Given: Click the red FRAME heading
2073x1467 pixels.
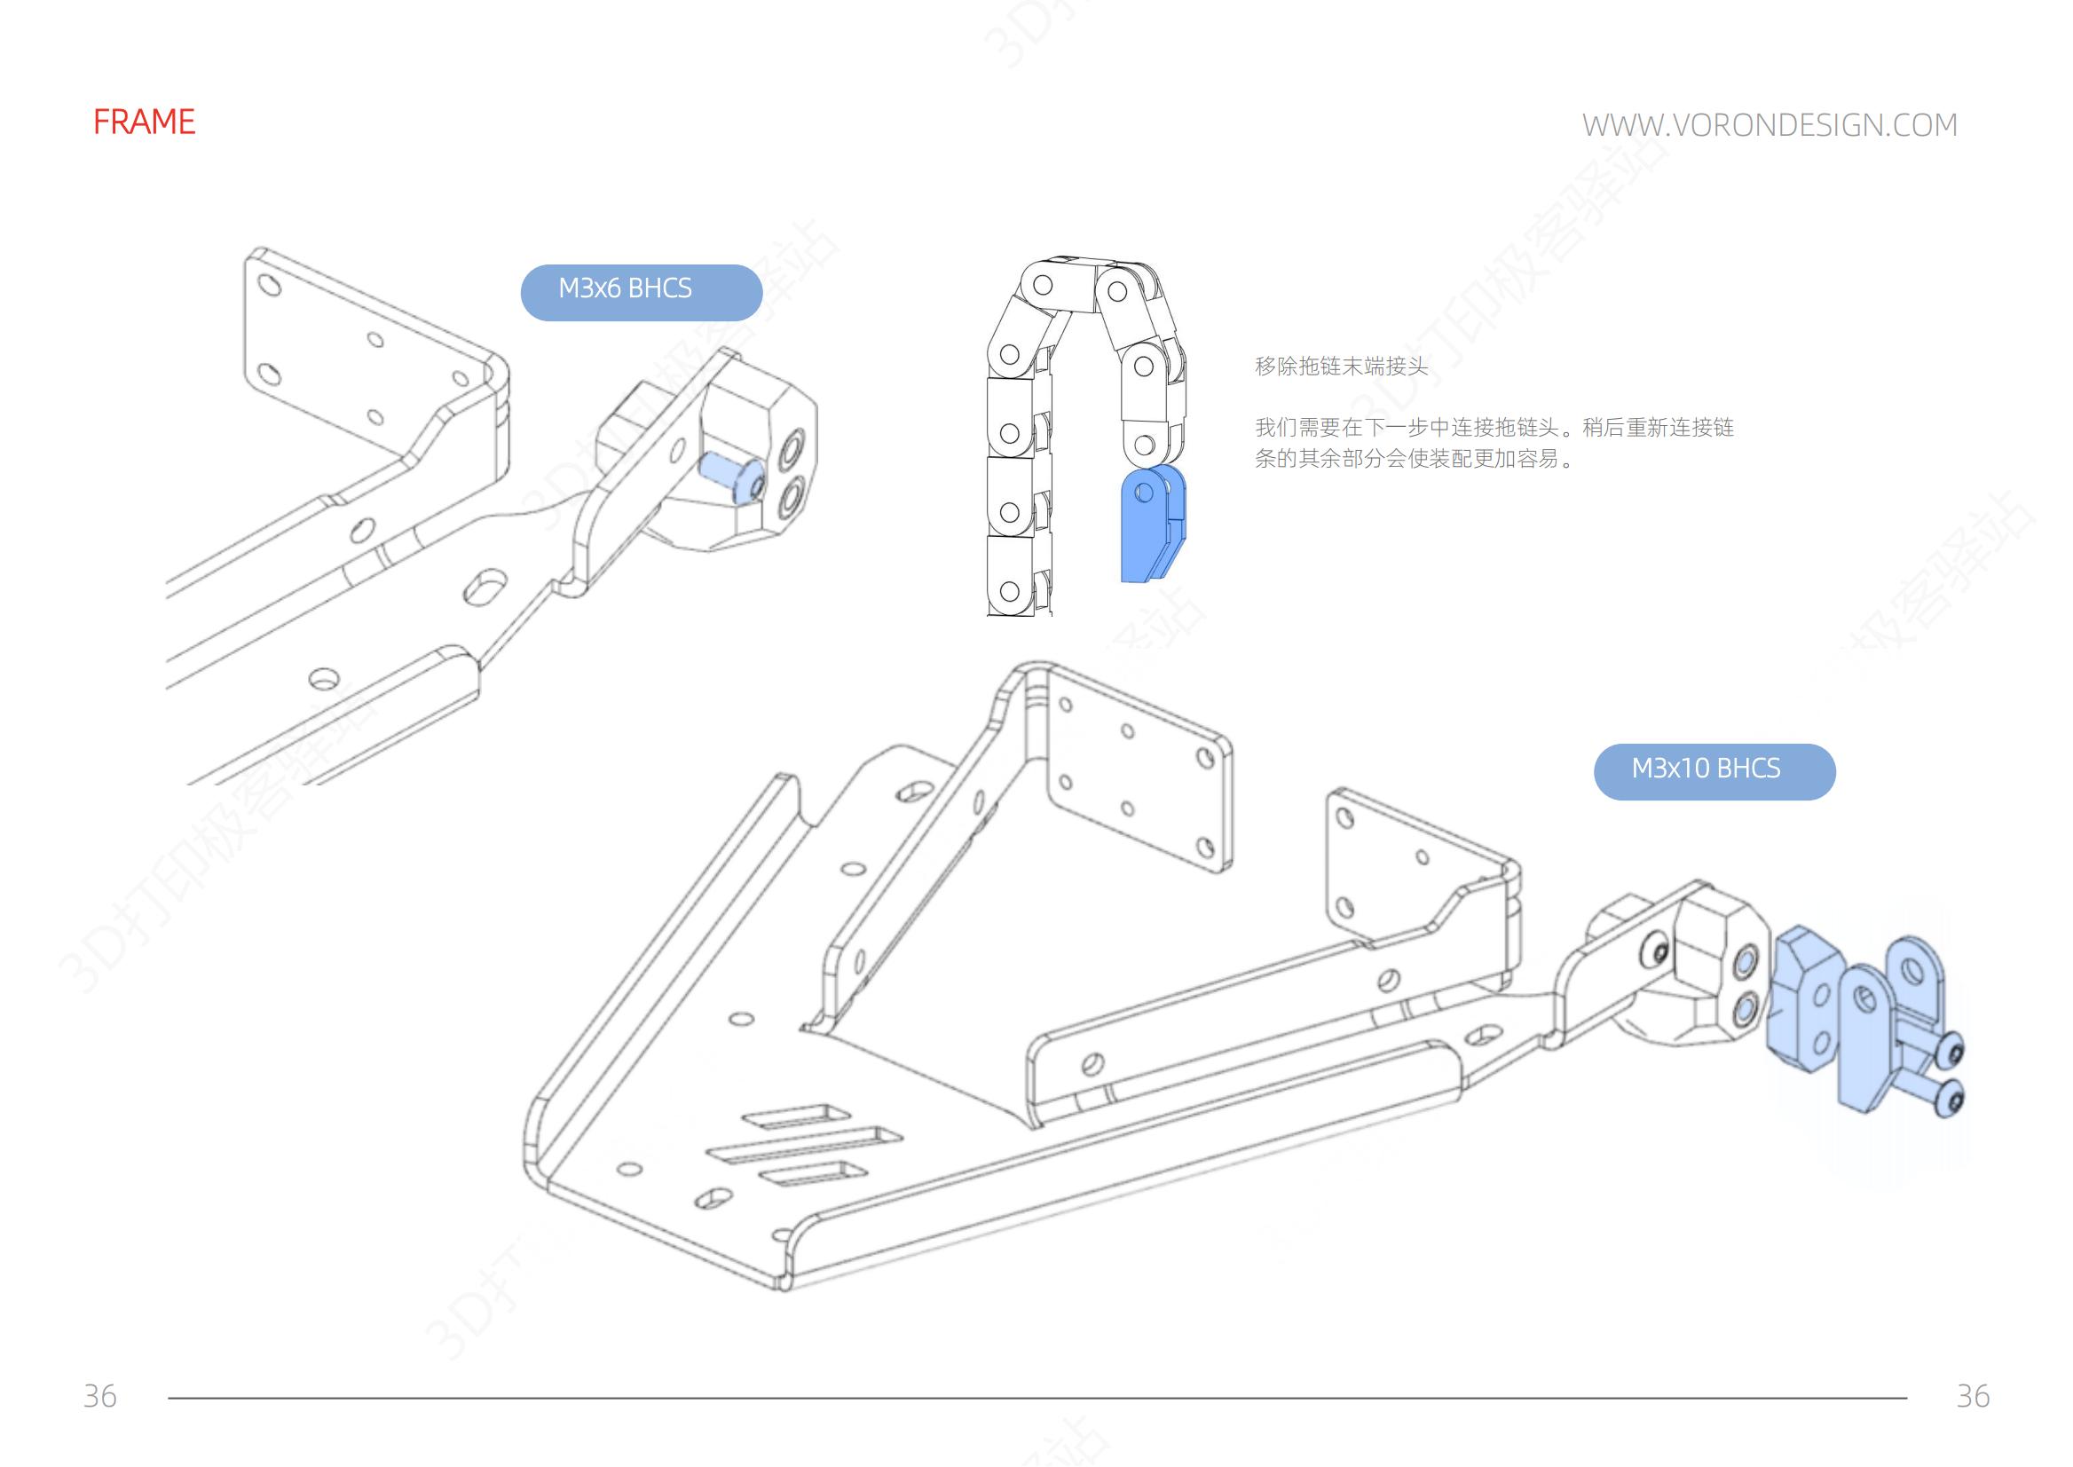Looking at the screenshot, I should (x=144, y=122).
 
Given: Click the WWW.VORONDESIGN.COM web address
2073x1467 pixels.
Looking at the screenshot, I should (x=1770, y=124).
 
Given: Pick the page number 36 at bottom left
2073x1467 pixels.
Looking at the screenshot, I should (x=99, y=1396).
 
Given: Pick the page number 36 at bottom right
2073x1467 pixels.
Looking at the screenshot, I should (x=1973, y=1396).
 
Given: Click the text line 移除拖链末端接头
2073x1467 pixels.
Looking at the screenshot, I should (x=1342, y=367).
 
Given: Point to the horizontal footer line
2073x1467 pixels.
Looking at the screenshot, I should (x=1037, y=1399).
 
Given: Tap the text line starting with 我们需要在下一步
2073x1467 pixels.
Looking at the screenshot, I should (x=1494, y=427).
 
